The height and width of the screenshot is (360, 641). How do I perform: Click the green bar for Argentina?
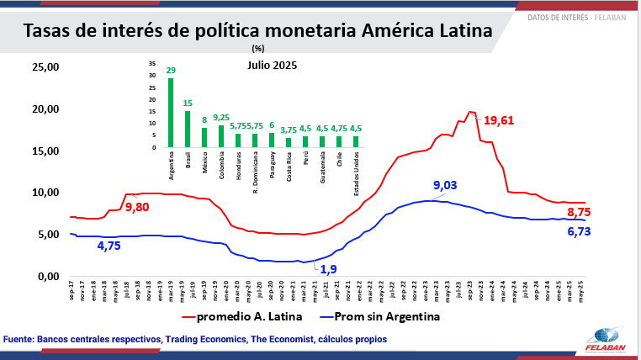coord(171,113)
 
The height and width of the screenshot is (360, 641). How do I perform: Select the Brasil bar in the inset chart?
coord(188,130)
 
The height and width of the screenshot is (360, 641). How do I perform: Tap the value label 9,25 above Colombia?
coord(221,117)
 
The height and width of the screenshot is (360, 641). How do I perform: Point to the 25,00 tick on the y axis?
coord(45,67)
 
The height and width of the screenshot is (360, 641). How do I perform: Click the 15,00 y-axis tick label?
coord(45,151)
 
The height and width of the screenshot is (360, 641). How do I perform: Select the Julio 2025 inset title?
coord(272,65)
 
